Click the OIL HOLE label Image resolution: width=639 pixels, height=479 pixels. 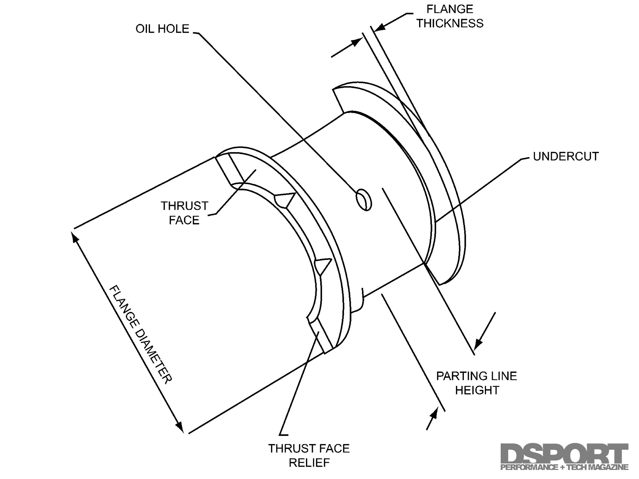click(x=162, y=29)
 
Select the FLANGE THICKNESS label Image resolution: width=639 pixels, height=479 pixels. click(x=450, y=16)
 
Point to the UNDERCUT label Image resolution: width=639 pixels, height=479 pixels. click(x=566, y=156)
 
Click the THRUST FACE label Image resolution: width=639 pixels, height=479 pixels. click(x=184, y=213)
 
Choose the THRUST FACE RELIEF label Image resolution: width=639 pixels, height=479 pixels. click(x=309, y=455)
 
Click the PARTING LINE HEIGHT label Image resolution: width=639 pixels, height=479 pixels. click(x=477, y=383)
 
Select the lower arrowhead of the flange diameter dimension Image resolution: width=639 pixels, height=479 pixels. click(x=180, y=427)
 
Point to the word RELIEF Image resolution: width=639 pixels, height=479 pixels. click(x=309, y=462)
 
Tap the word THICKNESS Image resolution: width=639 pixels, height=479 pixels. click(x=450, y=23)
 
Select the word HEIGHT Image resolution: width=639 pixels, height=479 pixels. click(x=477, y=390)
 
